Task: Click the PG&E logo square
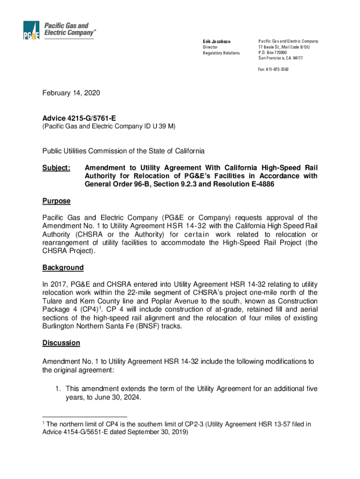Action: tap(31, 31)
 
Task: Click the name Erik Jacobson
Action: tap(217, 42)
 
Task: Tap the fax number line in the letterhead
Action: tap(274, 69)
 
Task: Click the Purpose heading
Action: tap(56, 201)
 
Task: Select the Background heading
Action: tap(63, 268)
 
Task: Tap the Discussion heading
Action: tap(61, 343)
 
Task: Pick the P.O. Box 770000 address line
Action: tap(273, 52)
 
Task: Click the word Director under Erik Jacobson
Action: tap(210, 47)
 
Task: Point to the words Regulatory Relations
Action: tap(221, 53)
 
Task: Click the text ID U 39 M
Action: tap(159, 126)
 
